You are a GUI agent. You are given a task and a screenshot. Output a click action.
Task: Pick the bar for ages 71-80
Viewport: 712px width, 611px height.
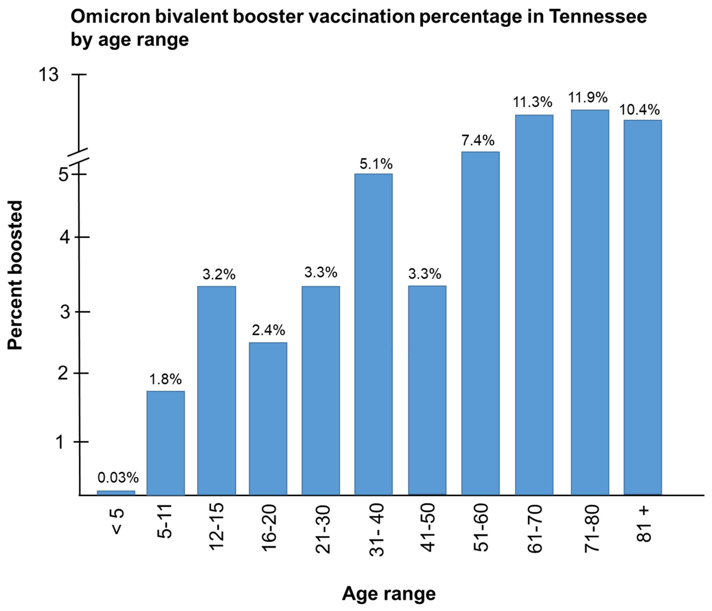tap(590, 302)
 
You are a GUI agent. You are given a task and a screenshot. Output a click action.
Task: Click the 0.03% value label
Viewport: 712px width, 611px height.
tap(118, 477)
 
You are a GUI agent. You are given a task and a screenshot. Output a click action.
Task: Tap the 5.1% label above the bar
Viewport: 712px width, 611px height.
tap(376, 164)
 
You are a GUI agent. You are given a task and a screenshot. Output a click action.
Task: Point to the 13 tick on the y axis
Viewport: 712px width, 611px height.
tap(48, 75)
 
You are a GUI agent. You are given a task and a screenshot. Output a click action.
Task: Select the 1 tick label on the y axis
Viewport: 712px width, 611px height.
tap(61, 442)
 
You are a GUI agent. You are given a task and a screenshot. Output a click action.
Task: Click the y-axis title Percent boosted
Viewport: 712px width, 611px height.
tap(15, 275)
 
